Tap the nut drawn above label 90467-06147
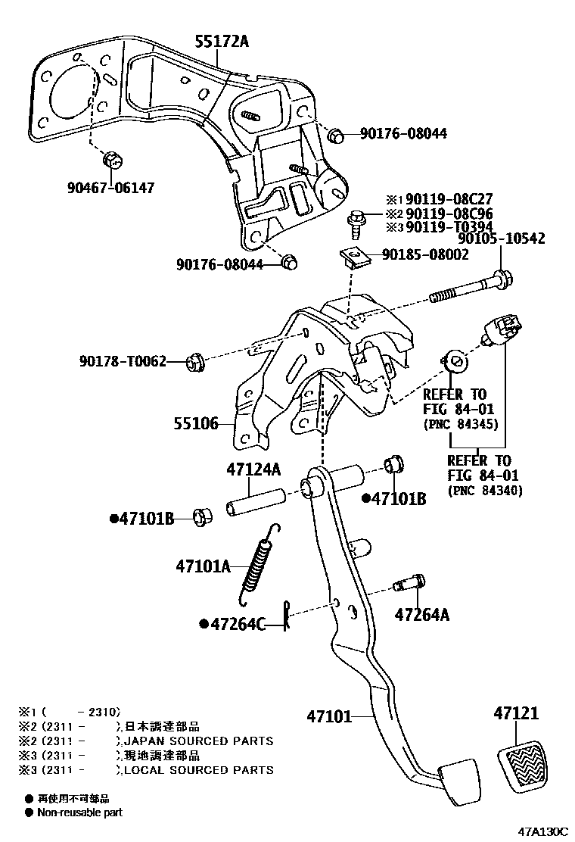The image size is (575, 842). [x=112, y=160]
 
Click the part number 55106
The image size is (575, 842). [x=197, y=426]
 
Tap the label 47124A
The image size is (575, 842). [x=253, y=470]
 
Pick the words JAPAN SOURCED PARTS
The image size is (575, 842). [x=198, y=741]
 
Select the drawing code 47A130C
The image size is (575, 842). [x=542, y=831]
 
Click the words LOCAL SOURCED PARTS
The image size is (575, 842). [x=198, y=769]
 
